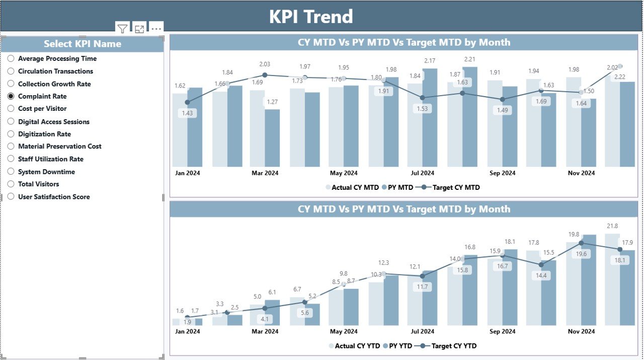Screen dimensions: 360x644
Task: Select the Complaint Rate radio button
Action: click(x=11, y=96)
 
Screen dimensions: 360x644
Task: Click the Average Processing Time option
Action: click(x=11, y=58)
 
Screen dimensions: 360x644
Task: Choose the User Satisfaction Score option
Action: click(x=11, y=197)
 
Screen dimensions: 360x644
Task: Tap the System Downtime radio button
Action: click(x=11, y=172)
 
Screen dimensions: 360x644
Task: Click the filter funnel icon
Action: click(x=122, y=29)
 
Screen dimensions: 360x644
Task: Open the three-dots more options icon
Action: click(x=156, y=29)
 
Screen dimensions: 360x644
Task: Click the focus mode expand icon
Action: click(x=139, y=29)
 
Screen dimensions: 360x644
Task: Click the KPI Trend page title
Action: click(x=311, y=17)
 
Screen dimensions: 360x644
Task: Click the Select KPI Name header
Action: click(x=83, y=44)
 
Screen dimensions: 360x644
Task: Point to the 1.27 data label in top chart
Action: click(x=272, y=102)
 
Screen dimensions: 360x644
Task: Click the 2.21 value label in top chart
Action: click(x=470, y=59)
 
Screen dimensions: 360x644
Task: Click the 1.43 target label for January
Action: click(x=187, y=113)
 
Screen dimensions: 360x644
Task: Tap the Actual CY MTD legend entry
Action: click(x=355, y=187)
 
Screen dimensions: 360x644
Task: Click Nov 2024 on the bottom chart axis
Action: click(x=582, y=331)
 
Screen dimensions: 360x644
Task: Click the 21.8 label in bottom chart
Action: click(x=612, y=226)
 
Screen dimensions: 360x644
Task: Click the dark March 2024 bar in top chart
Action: click(x=272, y=138)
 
